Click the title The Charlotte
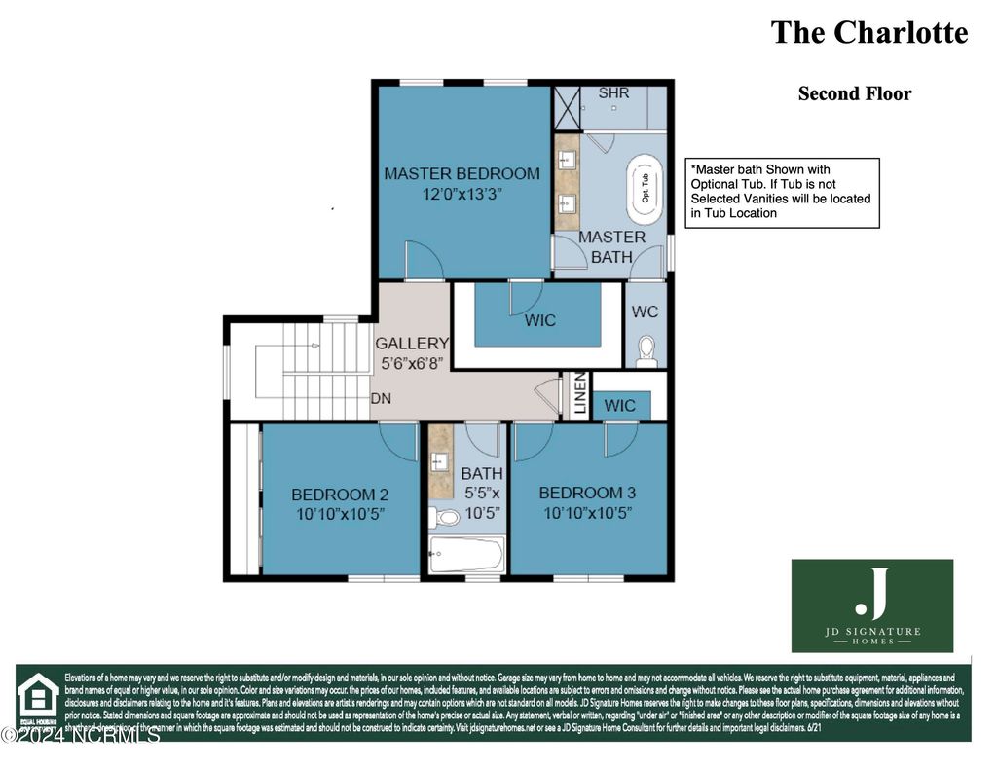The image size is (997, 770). (868, 32)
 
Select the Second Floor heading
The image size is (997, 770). (854, 94)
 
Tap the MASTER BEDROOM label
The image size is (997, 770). (462, 173)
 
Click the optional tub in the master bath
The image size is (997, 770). (644, 185)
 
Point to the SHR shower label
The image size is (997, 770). (613, 93)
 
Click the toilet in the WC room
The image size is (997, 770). (646, 351)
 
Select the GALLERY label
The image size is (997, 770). (412, 343)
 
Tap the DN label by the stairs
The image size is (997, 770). (381, 399)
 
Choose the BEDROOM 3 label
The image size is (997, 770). (587, 493)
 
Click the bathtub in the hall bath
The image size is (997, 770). (466, 557)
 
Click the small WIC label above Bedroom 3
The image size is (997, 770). (620, 405)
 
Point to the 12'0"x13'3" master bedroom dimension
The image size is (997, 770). (462, 194)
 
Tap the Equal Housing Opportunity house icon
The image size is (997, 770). (37, 696)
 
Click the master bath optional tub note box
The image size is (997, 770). (782, 192)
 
